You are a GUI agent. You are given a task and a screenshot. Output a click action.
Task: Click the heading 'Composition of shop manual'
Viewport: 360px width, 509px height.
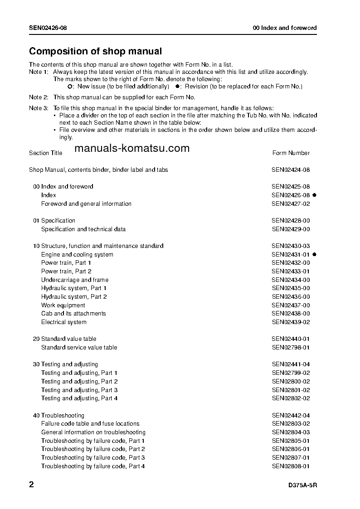click(x=95, y=51)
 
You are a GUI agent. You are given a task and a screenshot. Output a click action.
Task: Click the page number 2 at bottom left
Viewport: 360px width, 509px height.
click(x=31, y=485)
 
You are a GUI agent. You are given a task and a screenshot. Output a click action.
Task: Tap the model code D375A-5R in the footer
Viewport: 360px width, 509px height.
click(x=302, y=485)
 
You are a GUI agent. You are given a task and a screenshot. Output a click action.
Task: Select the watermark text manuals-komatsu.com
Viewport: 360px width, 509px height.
click(x=131, y=149)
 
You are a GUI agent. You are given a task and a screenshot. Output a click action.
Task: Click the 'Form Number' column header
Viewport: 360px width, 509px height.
click(x=291, y=153)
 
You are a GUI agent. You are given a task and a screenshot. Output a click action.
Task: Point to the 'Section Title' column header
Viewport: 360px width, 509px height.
click(x=45, y=153)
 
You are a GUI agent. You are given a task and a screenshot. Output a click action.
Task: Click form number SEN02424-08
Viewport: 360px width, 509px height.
click(x=291, y=170)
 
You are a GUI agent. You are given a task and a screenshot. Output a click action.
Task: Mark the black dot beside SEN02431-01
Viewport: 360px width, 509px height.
click(x=314, y=255)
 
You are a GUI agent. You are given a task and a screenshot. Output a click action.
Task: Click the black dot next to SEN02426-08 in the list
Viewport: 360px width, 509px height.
click(x=314, y=195)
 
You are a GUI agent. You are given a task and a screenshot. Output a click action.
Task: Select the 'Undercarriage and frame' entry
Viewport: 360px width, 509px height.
click(x=75, y=280)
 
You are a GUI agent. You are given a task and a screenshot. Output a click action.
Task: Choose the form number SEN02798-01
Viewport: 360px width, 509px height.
click(x=291, y=348)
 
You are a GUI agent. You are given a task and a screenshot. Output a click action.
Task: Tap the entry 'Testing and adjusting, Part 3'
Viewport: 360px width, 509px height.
click(x=79, y=390)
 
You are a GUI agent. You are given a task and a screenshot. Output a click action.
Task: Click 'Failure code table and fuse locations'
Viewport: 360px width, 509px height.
click(x=90, y=424)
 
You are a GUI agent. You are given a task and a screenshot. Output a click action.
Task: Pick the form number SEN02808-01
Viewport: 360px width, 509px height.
click(x=291, y=466)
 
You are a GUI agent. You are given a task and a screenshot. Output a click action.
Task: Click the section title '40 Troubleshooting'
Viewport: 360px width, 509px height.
click(x=58, y=415)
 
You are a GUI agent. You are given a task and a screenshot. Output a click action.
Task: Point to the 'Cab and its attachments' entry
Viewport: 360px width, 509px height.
click(x=73, y=314)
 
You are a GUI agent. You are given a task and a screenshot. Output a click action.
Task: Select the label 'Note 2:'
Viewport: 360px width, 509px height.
click(x=39, y=97)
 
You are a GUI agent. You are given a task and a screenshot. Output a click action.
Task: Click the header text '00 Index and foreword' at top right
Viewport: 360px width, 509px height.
click(x=284, y=28)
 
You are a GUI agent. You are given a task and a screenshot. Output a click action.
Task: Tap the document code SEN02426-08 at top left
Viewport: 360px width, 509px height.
click(x=48, y=28)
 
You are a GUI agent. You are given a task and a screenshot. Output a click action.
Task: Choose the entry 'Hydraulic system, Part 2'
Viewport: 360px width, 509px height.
click(x=74, y=297)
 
